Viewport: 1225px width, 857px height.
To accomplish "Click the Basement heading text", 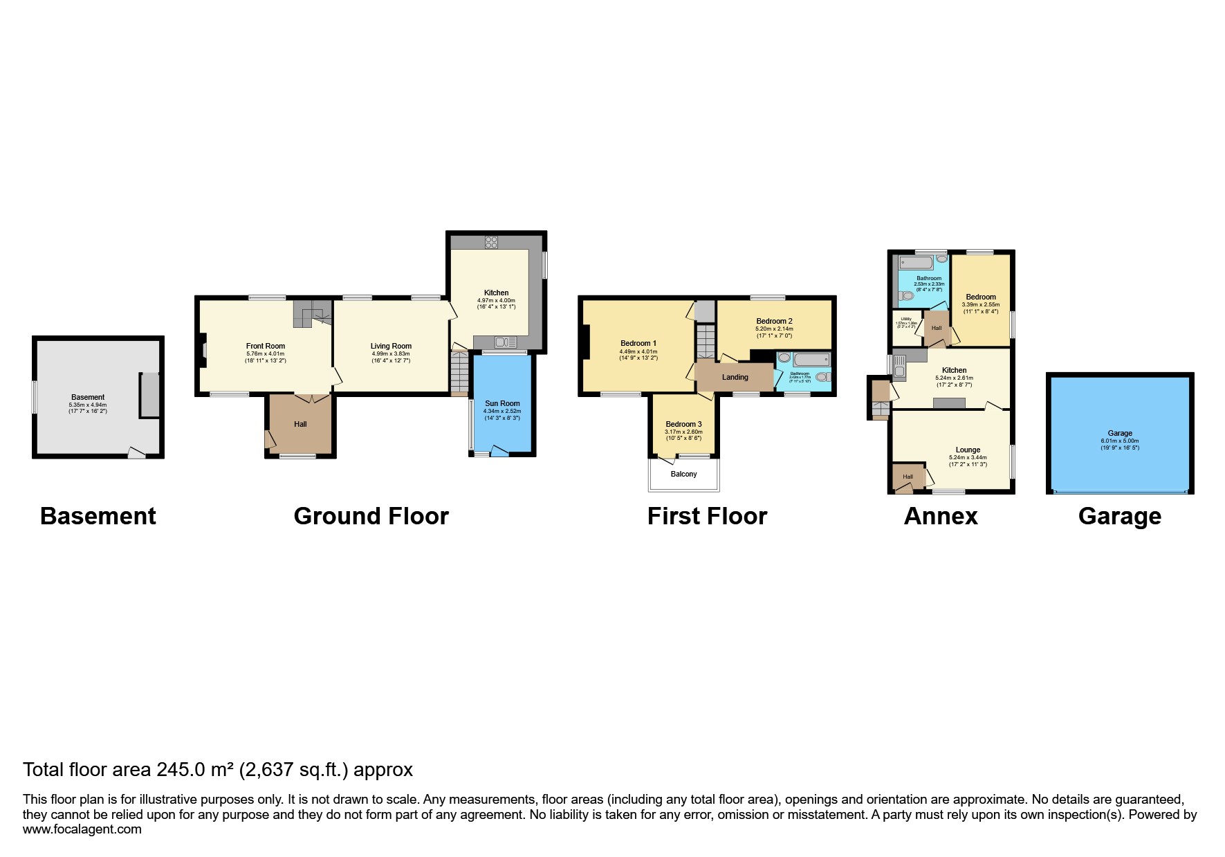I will tap(98, 516).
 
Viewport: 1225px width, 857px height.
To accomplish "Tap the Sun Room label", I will tap(502, 403).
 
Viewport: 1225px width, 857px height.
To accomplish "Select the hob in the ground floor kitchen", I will tap(491, 242).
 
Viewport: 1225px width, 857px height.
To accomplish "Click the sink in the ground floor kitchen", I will tap(506, 342).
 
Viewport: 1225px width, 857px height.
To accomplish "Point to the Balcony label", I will tap(683, 474).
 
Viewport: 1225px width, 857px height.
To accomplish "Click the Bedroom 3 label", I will tap(683, 424).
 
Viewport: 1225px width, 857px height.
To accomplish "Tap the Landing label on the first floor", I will tap(735, 377).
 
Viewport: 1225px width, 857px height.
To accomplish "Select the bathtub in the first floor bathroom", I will tap(811, 360).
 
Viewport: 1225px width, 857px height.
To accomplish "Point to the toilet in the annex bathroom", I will tap(905, 296).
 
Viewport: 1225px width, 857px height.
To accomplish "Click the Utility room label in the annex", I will tap(905, 319).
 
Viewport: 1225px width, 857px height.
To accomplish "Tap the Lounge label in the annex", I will tap(968, 450).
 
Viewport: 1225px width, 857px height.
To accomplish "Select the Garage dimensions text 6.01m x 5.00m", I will tap(1119, 441).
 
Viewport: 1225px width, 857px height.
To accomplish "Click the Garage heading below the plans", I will tap(1119, 517).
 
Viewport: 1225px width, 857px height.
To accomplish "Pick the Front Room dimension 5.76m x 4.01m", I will tap(266, 353).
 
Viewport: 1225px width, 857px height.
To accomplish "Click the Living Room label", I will tap(391, 346).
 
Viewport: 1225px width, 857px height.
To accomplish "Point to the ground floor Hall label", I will tap(300, 424).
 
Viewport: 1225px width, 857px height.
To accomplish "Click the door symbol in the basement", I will tap(137, 452).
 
